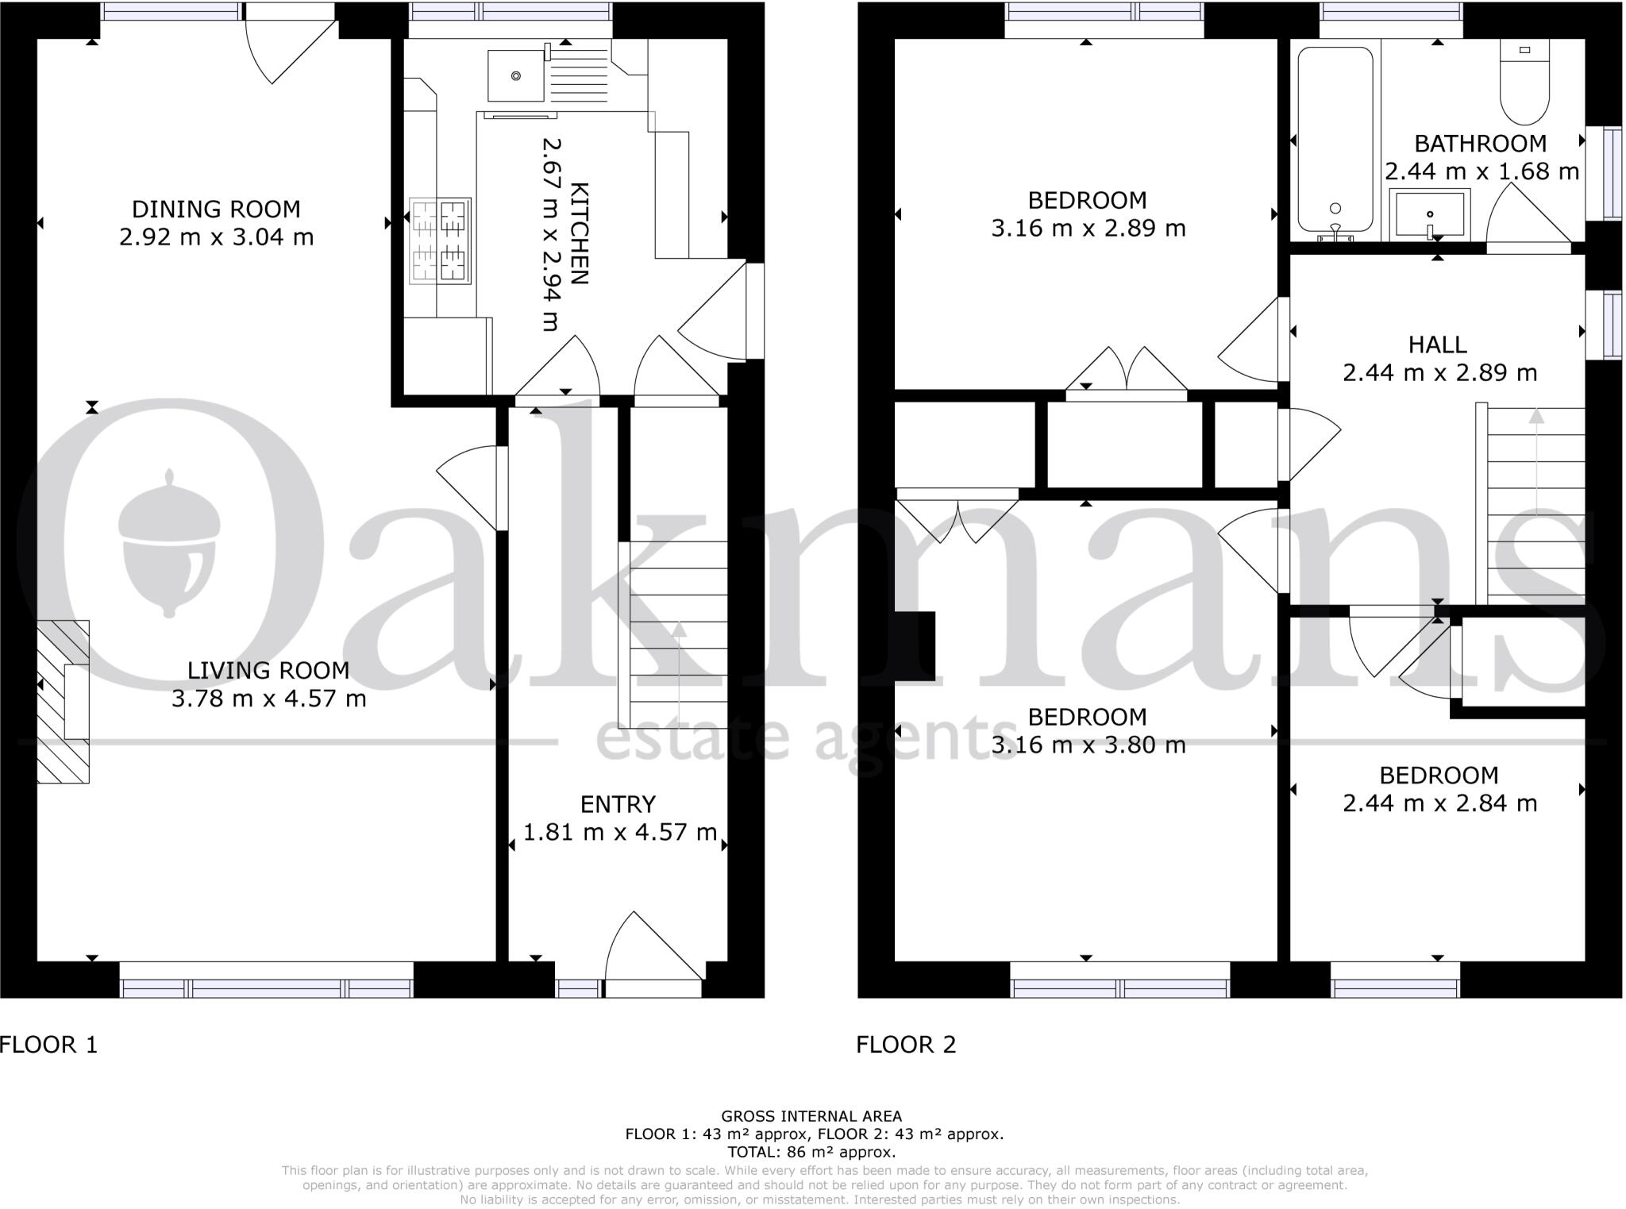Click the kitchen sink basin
516,75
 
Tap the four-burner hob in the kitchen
440,241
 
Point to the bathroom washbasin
1429,214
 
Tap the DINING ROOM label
216,210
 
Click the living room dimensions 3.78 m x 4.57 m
269,699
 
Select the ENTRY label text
618,805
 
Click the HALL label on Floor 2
1437,345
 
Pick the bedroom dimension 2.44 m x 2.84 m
1439,803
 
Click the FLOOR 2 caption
906,1045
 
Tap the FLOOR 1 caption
49,1045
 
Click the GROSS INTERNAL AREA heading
811,1116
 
